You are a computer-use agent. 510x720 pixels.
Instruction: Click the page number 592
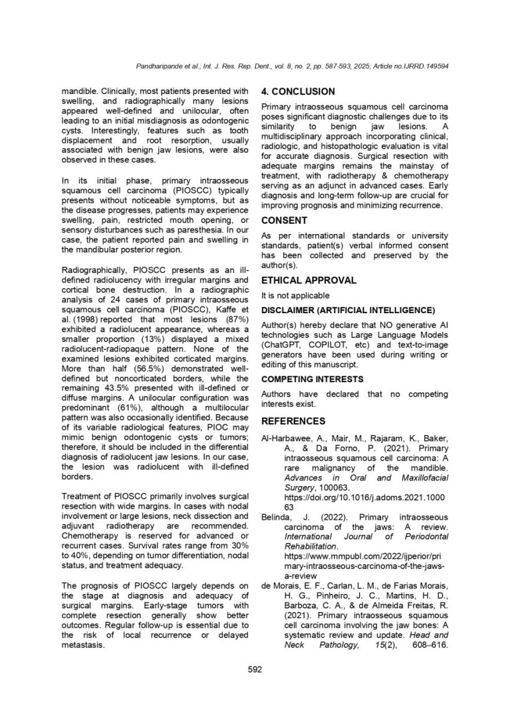coord(255,670)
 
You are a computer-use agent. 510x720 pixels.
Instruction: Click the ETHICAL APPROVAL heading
coord(309,280)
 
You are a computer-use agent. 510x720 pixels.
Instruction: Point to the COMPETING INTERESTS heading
coord(312,379)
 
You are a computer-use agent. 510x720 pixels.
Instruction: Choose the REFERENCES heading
coord(293,421)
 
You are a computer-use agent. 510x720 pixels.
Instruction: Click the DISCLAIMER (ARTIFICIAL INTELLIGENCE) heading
coord(348,310)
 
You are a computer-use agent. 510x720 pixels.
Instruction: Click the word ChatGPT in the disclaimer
coord(279,346)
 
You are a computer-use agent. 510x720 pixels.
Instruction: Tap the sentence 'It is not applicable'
coord(295,295)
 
